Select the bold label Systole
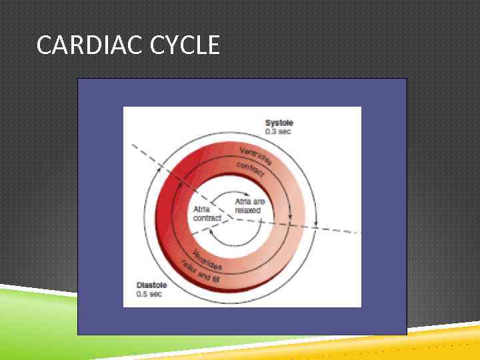coord(279,123)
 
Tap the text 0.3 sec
coord(279,131)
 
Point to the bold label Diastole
coord(151,285)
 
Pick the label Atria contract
coord(207,213)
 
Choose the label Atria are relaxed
coord(248,205)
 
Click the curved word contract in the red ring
coord(250,169)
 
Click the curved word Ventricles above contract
coord(256,155)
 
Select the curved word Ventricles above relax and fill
coord(207,259)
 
